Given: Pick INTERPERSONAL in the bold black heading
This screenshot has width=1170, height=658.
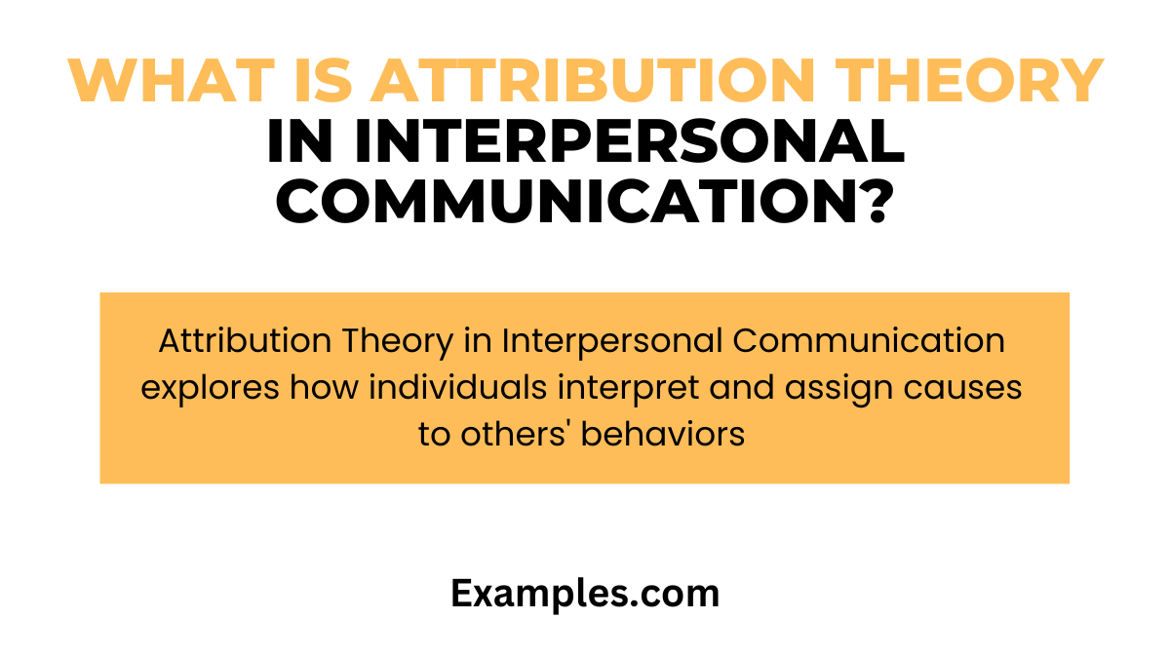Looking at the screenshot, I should tap(630, 143).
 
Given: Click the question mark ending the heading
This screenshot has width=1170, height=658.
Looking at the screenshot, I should tap(873, 203).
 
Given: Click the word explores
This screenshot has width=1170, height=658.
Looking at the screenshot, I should tap(211, 388).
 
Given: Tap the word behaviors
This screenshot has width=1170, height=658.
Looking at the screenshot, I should tap(663, 434).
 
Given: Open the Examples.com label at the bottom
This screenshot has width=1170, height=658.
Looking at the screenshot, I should tap(585, 594).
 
